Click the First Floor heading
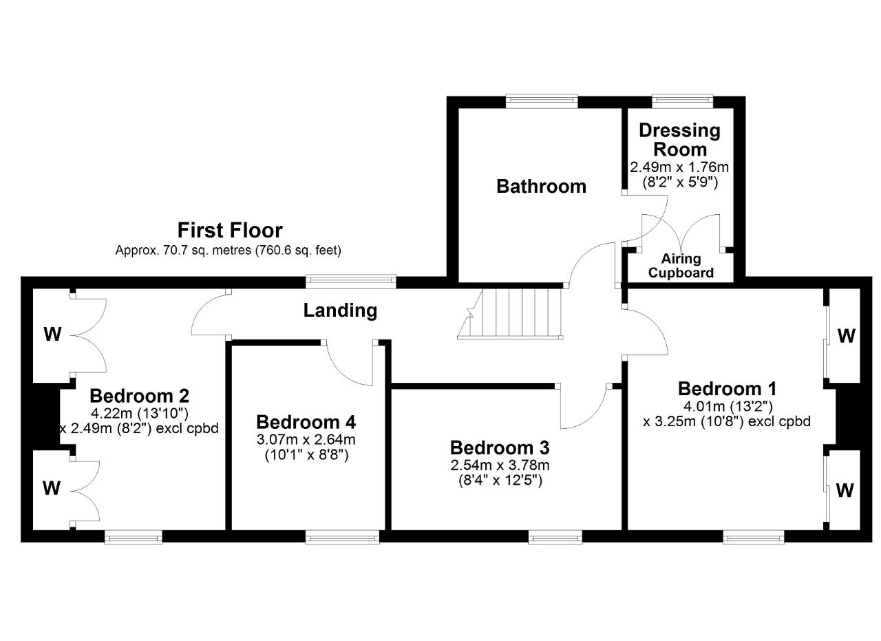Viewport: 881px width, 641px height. [230, 230]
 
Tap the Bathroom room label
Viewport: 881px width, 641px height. [541, 186]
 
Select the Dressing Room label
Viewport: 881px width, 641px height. [679, 140]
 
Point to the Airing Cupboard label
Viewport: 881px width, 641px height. [681, 266]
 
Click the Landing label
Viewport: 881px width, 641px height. [340, 310]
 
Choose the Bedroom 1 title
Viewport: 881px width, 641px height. [728, 389]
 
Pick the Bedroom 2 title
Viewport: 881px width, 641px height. [140, 396]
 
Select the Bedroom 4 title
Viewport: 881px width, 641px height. [306, 422]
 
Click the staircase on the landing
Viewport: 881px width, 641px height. [510, 313]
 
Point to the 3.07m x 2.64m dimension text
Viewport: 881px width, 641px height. [306, 439]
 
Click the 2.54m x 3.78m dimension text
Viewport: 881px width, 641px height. [500, 465]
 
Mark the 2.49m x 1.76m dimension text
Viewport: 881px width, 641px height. [679, 167]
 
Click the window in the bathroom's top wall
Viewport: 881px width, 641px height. [542, 101]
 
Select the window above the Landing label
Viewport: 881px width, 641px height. [351, 282]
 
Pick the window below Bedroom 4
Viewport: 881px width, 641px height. [342, 537]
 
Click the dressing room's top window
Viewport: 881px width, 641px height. [682, 101]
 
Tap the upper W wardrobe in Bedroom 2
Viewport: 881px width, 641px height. [53, 335]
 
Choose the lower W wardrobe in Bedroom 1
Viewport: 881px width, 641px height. [845, 490]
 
